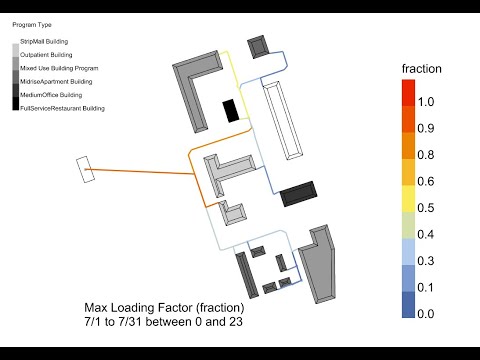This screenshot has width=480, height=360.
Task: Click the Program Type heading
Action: pos(31,24)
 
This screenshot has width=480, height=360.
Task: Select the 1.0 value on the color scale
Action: pos(427,102)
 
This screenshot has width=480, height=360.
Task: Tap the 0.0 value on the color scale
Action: pos(427,314)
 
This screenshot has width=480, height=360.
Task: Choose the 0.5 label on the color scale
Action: pos(427,208)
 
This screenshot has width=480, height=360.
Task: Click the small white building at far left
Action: pos(86,170)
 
